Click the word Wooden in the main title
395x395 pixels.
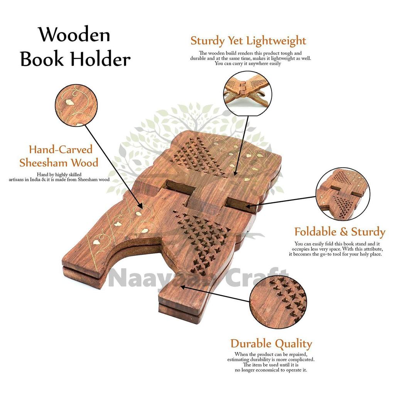(74, 35)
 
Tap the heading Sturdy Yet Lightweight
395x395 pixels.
(248, 41)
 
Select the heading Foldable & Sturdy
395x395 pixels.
(339, 232)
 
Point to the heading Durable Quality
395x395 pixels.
(271, 344)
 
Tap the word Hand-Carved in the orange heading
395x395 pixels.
(61, 149)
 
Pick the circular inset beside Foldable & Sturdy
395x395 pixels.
(342, 194)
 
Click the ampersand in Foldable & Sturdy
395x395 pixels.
(344, 232)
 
